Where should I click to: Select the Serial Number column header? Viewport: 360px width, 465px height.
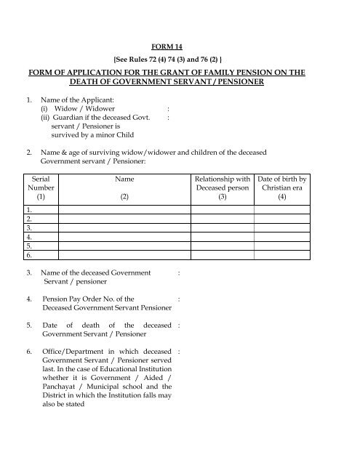(x=41, y=187)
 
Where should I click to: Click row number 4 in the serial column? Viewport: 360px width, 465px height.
(x=28, y=237)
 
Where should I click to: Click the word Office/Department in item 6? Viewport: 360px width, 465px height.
(x=76, y=350)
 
